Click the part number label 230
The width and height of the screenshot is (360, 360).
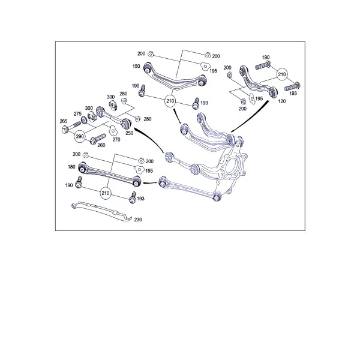pos(138,220)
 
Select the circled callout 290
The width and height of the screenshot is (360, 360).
pos(80,136)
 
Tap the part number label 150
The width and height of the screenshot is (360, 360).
pos(136,66)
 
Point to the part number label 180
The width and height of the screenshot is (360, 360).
pos(71,167)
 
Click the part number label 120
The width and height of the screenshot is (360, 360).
pos(282,101)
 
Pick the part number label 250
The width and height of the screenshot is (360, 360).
pos(129,133)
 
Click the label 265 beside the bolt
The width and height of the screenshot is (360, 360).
pos(64,121)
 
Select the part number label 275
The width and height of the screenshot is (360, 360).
pos(77,114)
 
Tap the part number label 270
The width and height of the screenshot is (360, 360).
pos(116,139)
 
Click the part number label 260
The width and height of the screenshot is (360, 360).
pos(101,145)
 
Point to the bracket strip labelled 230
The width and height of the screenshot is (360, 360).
pos(101,212)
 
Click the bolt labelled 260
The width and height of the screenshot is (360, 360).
pos(98,139)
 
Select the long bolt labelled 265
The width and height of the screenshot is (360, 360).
pos(71,127)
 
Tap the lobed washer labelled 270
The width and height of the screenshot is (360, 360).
pos(113,130)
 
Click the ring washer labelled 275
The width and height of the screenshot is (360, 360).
pos(84,119)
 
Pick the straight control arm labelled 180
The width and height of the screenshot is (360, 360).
pos(109,174)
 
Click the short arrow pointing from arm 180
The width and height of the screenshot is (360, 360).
pos(151,183)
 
